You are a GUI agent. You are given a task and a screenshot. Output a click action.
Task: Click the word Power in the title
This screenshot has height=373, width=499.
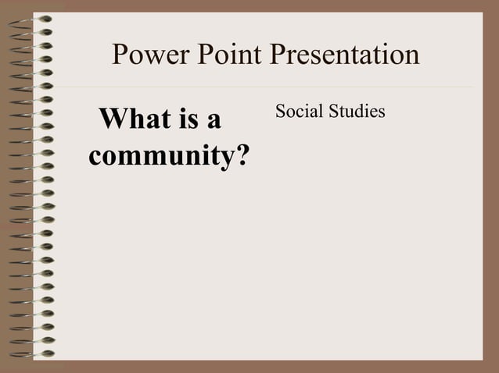pyautogui.click(x=148, y=55)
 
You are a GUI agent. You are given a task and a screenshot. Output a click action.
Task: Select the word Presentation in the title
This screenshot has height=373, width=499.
pyautogui.click(x=345, y=55)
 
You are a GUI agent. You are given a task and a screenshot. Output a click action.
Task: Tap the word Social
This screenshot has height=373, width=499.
pyautogui.click(x=299, y=112)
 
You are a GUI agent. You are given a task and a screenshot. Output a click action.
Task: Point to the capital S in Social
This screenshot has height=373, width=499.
pyautogui.click(x=280, y=112)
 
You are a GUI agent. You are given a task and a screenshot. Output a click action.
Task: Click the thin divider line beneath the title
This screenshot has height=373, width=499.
pyautogui.click(x=266, y=87)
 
